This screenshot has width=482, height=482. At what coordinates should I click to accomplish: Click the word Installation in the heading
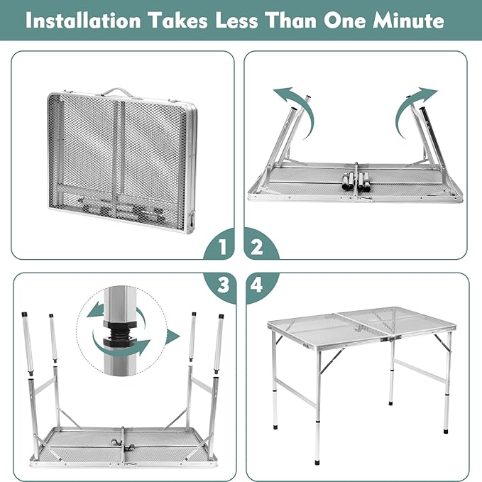83,21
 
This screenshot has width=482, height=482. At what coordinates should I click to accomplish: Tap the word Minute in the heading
408,21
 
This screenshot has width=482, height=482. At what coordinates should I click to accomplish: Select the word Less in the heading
236,21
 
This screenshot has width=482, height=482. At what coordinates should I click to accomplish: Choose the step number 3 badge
223,285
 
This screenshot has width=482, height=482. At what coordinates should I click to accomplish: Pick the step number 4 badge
258,285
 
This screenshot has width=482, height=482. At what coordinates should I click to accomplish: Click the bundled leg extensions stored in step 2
356,181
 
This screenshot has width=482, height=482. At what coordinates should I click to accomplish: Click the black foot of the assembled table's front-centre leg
317,461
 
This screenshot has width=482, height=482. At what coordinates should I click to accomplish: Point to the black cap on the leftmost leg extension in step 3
23,315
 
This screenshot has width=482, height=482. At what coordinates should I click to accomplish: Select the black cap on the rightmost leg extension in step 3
221,317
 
